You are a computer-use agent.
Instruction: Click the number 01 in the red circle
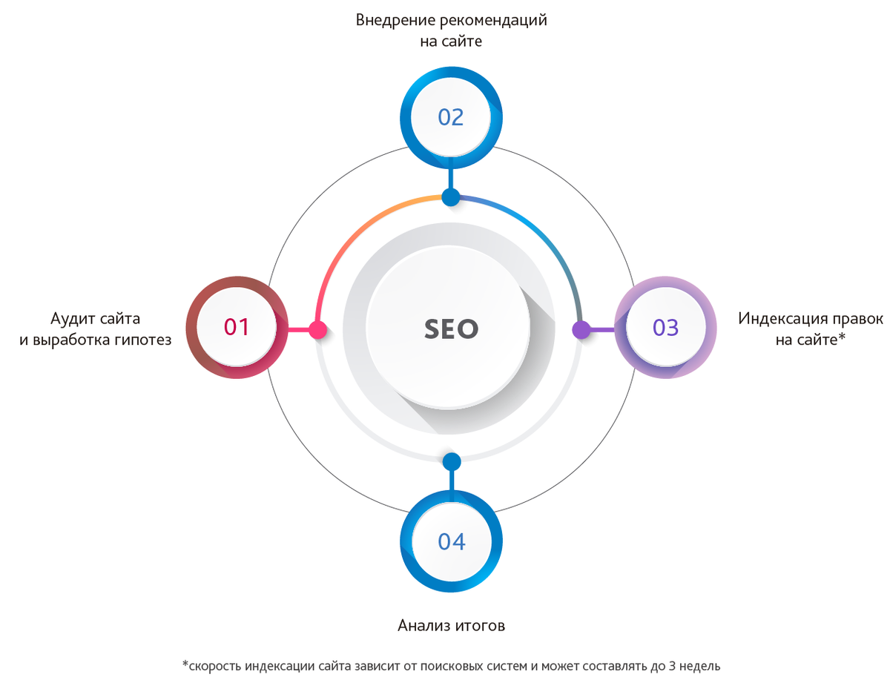(x=237, y=328)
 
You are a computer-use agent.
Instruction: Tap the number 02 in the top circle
(x=451, y=117)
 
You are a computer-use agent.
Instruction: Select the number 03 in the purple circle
(x=665, y=328)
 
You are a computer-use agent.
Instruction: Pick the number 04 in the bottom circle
(x=451, y=541)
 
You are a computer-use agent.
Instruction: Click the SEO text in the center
(x=451, y=329)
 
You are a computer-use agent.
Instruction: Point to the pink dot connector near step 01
(x=318, y=330)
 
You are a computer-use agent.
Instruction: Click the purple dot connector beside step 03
(x=581, y=330)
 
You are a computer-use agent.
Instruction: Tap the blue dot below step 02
(x=451, y=197)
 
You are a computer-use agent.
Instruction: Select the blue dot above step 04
(x=451, y=461)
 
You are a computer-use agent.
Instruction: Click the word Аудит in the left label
(x=72, y=319)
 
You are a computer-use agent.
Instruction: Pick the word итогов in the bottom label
(x=482, y=625)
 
